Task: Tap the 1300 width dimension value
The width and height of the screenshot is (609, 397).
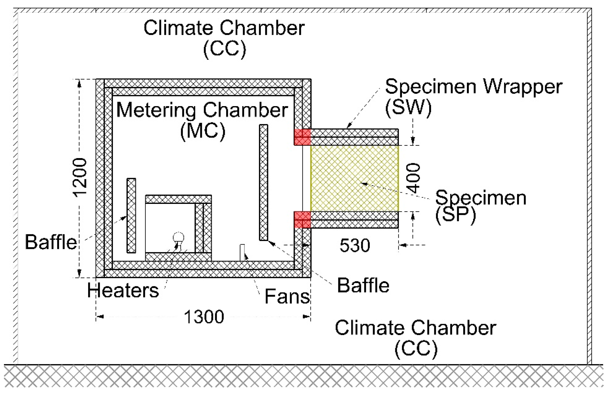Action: point(204,317)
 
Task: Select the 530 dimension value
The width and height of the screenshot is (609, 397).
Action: point(355,245)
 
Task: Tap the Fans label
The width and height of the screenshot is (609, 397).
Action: point(287,296)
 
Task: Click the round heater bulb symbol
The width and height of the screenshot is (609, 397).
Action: point(178,238)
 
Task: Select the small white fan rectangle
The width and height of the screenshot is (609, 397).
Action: point(242,252)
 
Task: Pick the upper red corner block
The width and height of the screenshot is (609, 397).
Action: point(302,137)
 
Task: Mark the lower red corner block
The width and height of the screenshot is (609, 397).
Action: point(302,220)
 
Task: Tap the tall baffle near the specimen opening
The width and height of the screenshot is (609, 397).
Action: point(263,182)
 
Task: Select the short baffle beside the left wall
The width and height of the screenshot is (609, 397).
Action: point(131,215)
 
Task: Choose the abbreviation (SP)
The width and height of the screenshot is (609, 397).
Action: point(456,215)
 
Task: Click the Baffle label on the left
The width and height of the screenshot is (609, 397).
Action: point(51,242)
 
